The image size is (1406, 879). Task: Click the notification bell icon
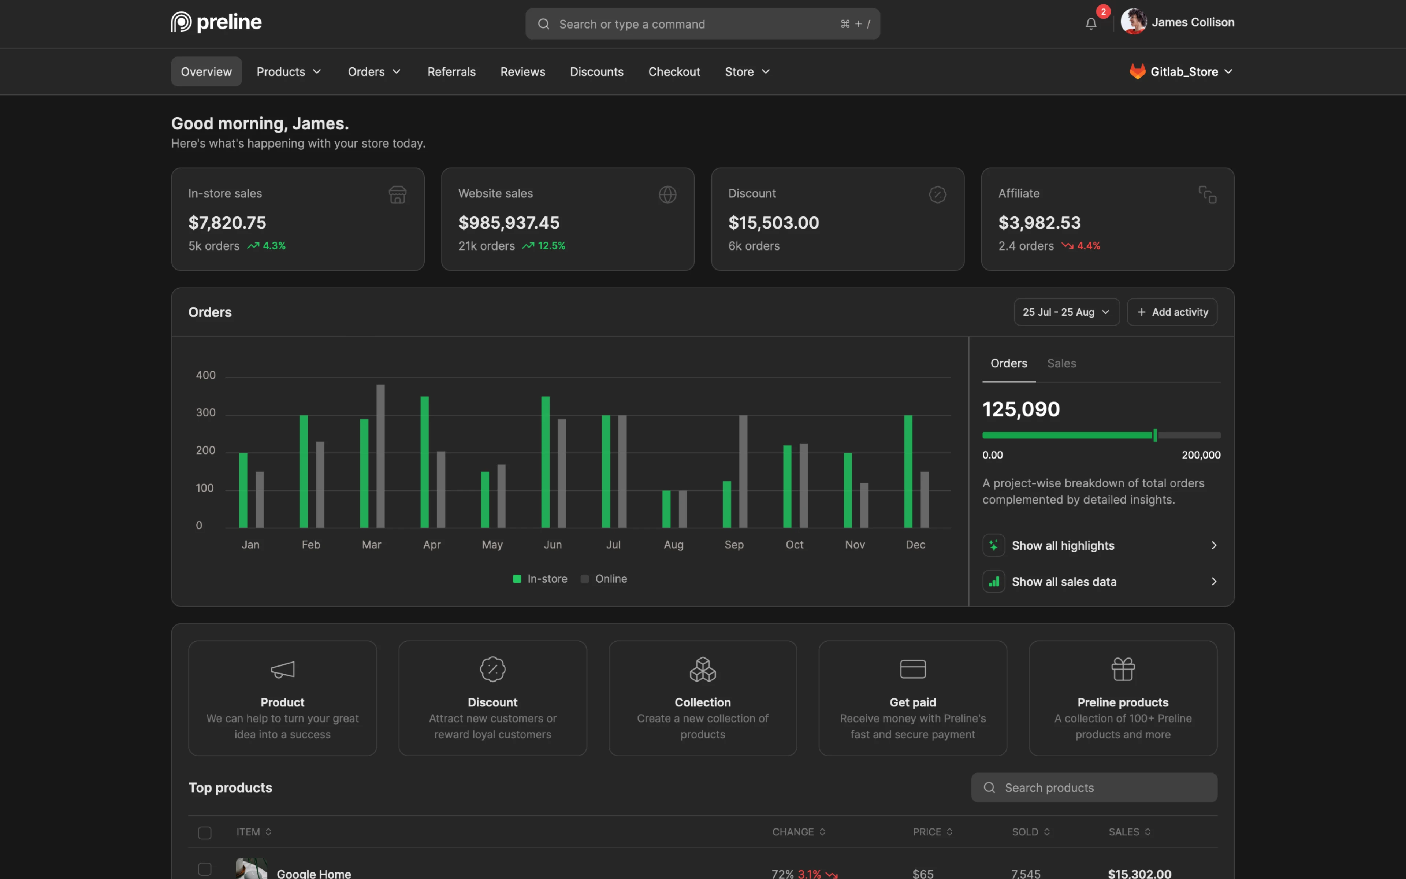coord(1090,24)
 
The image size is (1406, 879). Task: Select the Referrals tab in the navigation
coord(451,71)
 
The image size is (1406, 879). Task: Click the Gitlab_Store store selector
coord(1180,71)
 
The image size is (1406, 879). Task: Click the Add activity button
coord(1172,312)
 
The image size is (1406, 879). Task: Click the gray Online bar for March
coord(380,456)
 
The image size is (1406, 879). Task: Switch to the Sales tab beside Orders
coord(1061,363)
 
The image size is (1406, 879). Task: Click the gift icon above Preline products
coord(1123,669)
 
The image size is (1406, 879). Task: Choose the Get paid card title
coord(912,702)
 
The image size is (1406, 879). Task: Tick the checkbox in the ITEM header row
coord(205,832)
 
